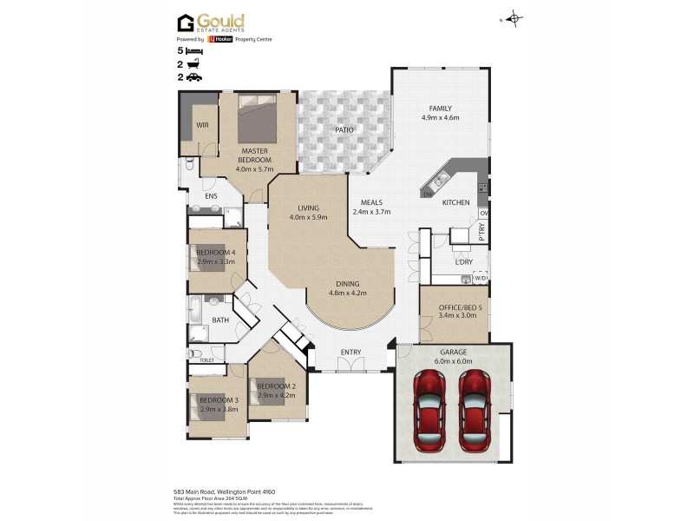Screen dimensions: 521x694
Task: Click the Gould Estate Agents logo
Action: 211,23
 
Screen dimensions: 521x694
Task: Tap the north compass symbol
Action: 514,18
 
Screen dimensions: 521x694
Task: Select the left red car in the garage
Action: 429,410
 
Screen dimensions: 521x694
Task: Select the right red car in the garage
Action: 475,410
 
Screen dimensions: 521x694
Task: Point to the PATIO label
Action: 344,129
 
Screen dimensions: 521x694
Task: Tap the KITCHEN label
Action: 455,202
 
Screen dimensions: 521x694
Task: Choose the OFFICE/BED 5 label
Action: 454,307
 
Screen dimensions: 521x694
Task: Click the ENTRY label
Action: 350,352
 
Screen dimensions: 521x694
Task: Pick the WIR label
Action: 201,125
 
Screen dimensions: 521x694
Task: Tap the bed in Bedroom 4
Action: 206,257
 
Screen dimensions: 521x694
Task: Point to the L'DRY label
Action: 463,261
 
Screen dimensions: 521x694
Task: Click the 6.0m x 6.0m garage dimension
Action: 453,361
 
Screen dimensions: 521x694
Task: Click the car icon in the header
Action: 193,77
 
